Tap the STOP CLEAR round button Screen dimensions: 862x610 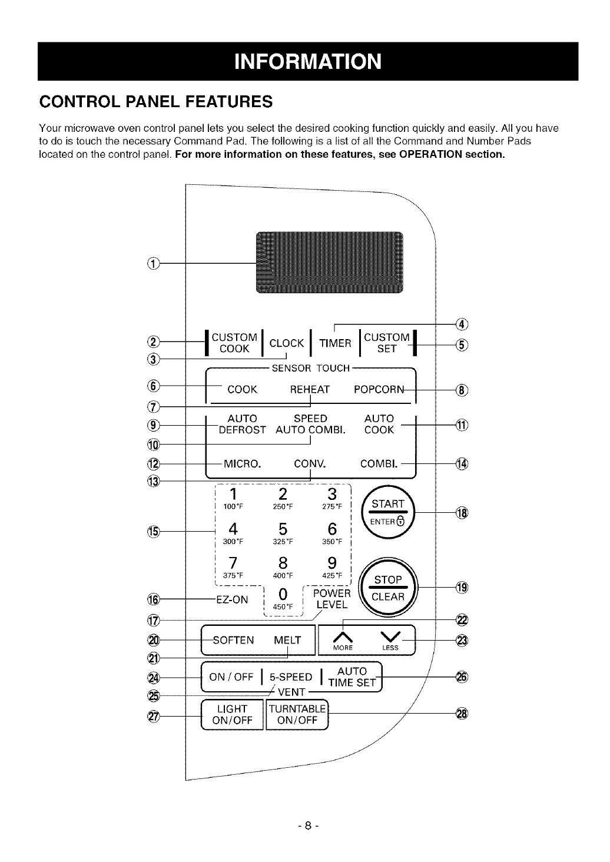point(388,588)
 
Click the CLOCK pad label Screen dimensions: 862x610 point(286,343)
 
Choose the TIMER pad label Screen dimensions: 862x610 point(334,343)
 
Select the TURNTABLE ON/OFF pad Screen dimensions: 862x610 point(297,714)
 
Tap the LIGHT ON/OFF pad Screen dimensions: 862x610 point(232,714)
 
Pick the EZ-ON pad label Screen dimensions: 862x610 point(233,599)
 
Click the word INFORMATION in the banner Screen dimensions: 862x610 point(307,61)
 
